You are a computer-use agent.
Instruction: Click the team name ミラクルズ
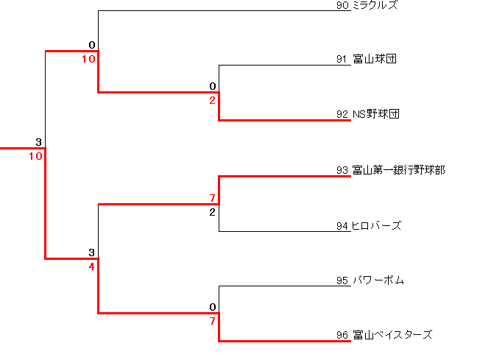[x=375, y=5]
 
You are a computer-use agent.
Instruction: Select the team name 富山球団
[x=375, y=60]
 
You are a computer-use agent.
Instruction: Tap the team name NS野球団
[x=375, y=114]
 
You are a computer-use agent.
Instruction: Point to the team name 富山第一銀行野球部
[x=398, y=170]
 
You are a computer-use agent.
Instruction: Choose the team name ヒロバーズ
[x=377, y=225]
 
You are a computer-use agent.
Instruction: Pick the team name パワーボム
[x=378, y=280]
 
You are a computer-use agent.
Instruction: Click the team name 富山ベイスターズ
[x=392, y=335]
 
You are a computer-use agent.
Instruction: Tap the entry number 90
[x=342, y=5]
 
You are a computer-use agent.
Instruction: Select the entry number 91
[x=342, y=60]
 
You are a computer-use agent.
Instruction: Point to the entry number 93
[x=342, y=170]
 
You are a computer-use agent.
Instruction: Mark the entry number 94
[x=342, y=225]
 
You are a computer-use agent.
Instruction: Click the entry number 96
[x=342, y=335]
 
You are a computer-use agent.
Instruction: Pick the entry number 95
[x=342, y=280]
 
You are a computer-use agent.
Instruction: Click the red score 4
[x=91, y=267]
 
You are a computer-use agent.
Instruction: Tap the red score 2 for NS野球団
[x=212, y=100]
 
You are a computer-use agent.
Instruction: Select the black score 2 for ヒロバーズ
[x=212, y=213]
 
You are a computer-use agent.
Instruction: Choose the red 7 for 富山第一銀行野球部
[x=212, y=199]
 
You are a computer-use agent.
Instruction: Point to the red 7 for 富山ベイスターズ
[x=212, y=321]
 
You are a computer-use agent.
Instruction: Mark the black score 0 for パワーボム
[x=212, y=307]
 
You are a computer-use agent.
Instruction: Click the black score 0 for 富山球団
[x=212, y=86]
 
